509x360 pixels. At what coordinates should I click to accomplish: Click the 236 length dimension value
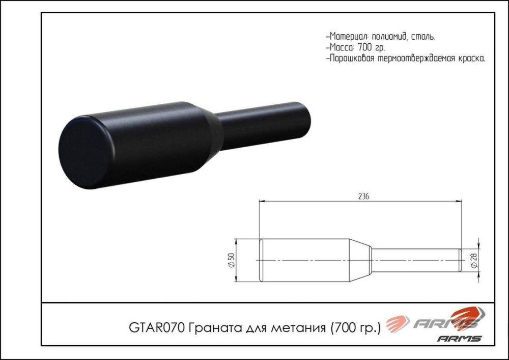(363, 196)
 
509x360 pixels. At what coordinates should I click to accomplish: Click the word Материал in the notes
(348, 37)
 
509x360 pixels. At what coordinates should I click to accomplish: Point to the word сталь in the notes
(423, 37)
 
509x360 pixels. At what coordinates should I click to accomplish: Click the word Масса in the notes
(342, 47)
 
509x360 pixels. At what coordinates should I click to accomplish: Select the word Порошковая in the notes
(352, 59)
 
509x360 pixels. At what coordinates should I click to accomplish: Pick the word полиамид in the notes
(389, 37)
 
